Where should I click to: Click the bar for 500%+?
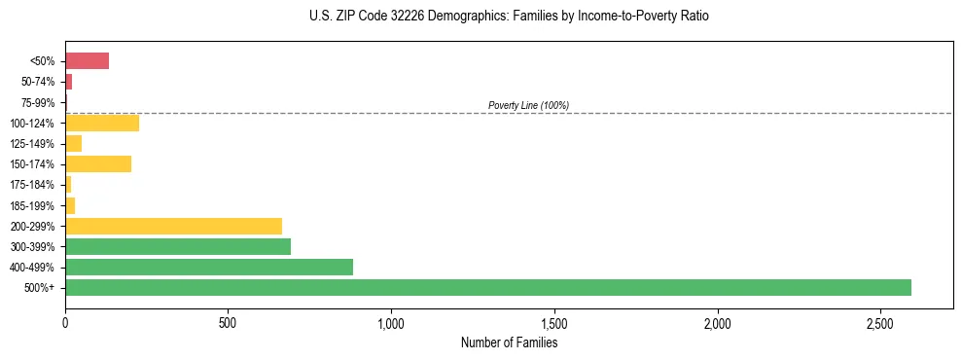(487, 287)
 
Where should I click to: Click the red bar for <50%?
(87, 61)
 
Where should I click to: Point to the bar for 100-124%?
(102, 123)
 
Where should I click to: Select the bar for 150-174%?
(98, 163)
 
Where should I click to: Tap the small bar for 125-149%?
(74, 143)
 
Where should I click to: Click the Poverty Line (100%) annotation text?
(528, 105)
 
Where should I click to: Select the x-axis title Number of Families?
(509, 342)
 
